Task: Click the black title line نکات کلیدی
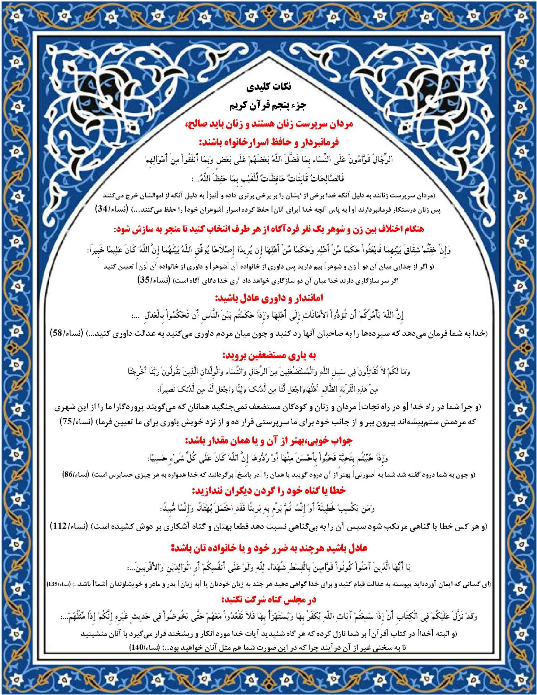coord(269,87)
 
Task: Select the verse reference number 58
coord(57,333)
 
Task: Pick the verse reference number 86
coord(68,474)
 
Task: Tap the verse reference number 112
coord(59,526)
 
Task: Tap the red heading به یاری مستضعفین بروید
coord(269,355)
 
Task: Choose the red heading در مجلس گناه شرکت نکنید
coord(269,599)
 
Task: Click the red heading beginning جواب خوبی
coord(269,441)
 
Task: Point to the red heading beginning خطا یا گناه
coord(269,490)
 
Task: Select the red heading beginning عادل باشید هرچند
coord(269,548)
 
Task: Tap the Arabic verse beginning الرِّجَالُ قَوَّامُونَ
coord(269,160)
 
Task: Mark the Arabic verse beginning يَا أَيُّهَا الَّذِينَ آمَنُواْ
coord(269,567)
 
